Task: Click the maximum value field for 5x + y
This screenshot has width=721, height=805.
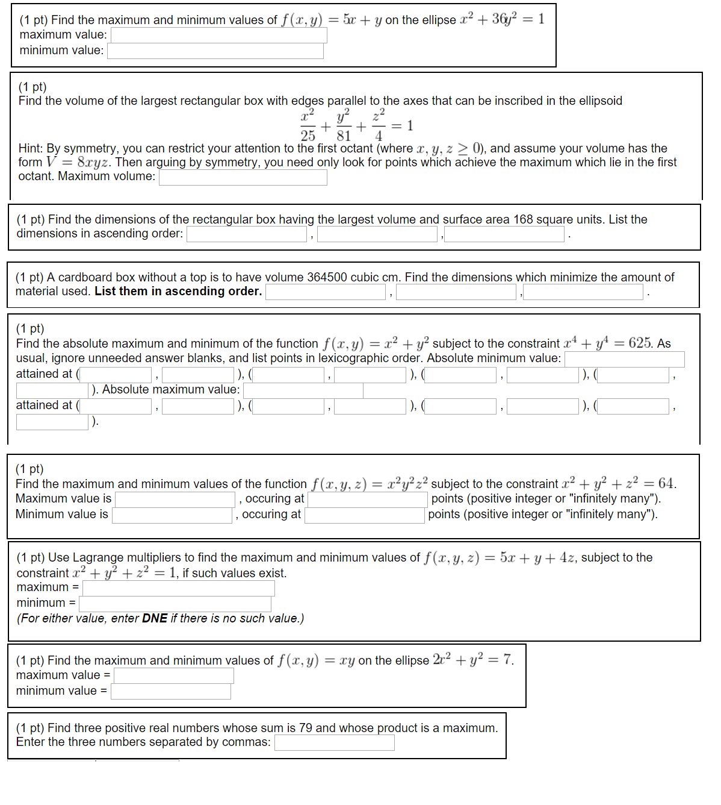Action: (x=218, y=35)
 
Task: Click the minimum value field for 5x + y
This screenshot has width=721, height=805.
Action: (x=215, y=51)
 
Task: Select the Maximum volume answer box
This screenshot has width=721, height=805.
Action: (x=243, y=177)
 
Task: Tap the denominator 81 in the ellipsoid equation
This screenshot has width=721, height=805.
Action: (x=344, y=136)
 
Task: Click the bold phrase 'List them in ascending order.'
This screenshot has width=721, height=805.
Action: (x=178, y=292)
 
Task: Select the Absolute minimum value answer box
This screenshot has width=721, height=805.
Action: (x=624, y=359)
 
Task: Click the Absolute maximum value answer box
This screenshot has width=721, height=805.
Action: (x=303, y=390)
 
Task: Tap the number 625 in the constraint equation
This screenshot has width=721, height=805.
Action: (x=640, y=343)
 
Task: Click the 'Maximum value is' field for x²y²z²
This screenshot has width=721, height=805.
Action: (x=175, y=500)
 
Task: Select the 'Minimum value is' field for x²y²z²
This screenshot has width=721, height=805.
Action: (x=172, y=515)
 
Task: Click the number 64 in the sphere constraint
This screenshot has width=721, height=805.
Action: (x=666, y=483)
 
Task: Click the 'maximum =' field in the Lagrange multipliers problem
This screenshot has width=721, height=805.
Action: (x=178, y=588)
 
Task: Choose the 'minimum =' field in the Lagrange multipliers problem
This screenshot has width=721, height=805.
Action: (x=175, y=604)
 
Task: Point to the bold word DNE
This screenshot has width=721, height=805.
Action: (x=155, y=618)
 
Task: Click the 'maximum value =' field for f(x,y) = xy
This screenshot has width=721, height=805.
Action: (x=173, y=675)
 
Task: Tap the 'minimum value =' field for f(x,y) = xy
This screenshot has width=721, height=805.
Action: (x=170, y=691)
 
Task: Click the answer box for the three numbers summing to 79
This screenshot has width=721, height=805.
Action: (x=334, y=742)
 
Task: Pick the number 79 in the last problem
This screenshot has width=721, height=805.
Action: (x=306, y=728)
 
